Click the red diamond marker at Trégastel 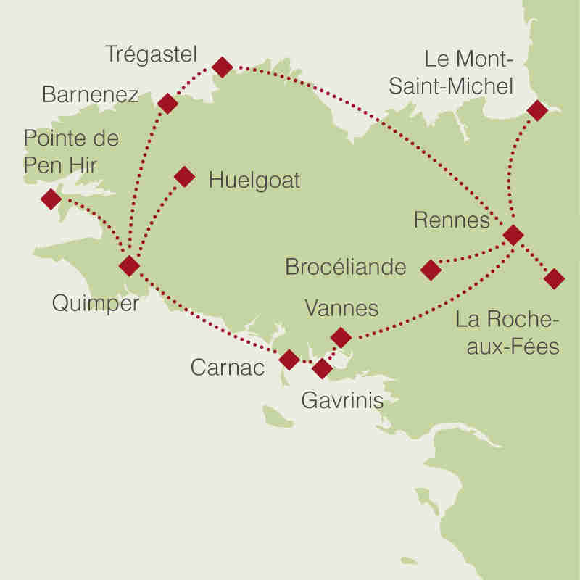pyautogui.click(x=223, y=67)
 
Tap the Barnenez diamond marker pyautogui.click(x=167, y=104)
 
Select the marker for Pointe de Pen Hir pyautogui.click(x=51, y=199)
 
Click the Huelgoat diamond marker pyautogui.click(x=184, y=177)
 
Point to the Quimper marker pyautogui.click(x=129, y=266)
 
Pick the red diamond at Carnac pyautogui.click(x=289, y=360)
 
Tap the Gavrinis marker pyautogui.click(x=322, y=369)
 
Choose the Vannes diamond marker pyautogui.click(x=340, y=337)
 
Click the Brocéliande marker pyautogui.click(x=431, y=270)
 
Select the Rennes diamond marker pyautogui.click(x=513, y=235)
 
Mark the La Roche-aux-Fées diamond pyautogui.click(x=554, y=278)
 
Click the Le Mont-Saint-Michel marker pyautogui.click(x=537, y=110)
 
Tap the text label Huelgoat pyautogui.click(x=254, y=181)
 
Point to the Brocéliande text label pyautogui.click(x=346, y=268)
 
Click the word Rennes pyautogui.click(x=452, y=220)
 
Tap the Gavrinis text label pyautogui.click(x=341, y=401)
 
